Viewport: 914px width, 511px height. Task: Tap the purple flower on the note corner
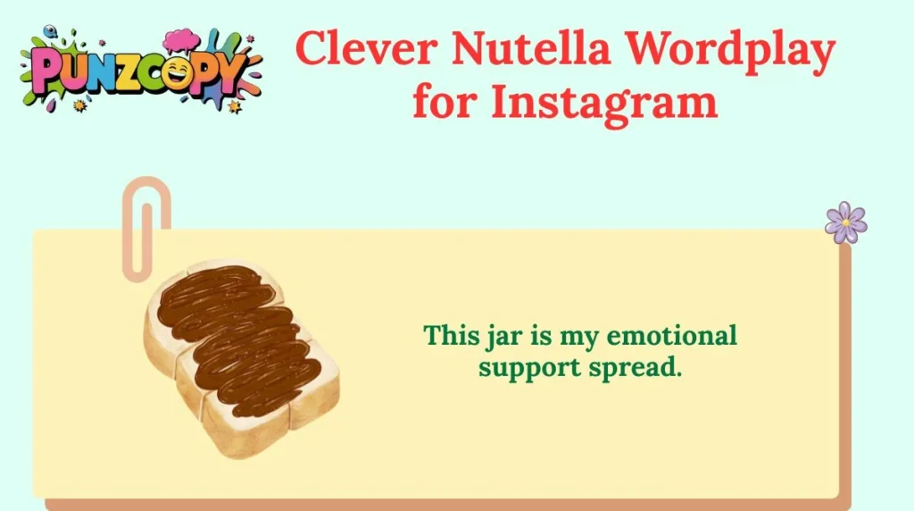(x=845, y=222)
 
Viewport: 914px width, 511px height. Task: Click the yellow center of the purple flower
(x=845, y=222)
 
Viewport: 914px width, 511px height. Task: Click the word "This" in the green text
(x=445, y=336)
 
